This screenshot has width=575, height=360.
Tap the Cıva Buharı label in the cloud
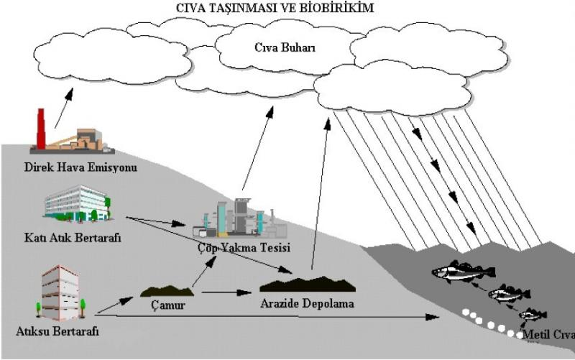286,48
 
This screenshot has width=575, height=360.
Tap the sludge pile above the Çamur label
167,290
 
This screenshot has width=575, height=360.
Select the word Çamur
167,305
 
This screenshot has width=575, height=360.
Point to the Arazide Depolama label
307,304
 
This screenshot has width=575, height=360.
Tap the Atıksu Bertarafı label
57,331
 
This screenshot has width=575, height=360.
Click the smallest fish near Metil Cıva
533,314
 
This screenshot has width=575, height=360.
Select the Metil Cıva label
549,334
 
